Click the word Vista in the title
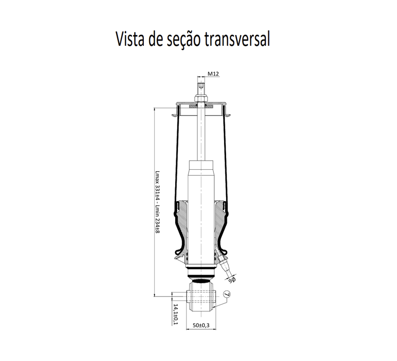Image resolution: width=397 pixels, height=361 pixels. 130,39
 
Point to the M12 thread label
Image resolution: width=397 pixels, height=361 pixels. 213,74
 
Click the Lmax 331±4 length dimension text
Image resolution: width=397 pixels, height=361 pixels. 157,185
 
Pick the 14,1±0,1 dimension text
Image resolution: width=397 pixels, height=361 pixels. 176,314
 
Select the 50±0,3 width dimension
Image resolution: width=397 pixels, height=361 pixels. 201,325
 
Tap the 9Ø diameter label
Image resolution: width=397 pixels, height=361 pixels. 232,280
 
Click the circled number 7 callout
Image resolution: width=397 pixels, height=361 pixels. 227,294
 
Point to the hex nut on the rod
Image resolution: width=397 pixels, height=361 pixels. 201,98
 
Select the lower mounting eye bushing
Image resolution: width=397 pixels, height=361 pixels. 201,297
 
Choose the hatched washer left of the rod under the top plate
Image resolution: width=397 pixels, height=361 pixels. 193,107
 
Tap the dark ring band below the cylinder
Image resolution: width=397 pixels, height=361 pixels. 201,275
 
